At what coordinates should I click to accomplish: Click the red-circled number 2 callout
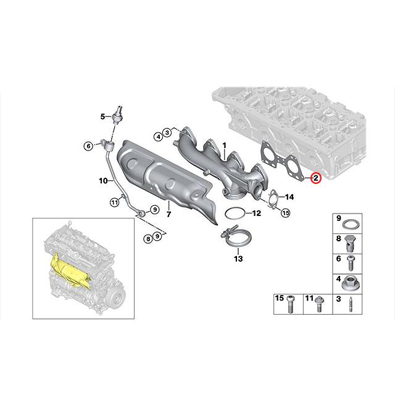[315, 179]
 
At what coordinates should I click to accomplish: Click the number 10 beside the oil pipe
[103, 180]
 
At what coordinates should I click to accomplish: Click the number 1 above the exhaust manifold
[225, 144]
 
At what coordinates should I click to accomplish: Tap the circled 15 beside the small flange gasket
[285, 214]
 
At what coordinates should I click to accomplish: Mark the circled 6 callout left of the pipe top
[89, 145]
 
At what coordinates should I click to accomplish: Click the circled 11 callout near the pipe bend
[114, 202]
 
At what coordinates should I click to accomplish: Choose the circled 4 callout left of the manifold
[159, 136]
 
